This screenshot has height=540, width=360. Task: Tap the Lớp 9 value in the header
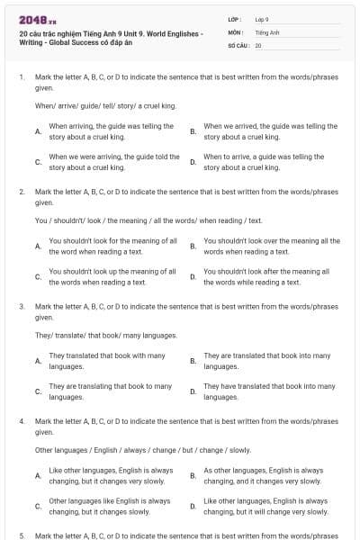tap(262, 19)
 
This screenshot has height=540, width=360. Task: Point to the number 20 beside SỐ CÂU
tap(258, 45)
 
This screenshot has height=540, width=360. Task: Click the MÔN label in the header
tap(235, 31)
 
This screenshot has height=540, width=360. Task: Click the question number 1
tap(21, 77)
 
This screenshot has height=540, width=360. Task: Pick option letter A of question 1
tap(38, 131)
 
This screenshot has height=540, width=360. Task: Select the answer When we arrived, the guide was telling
tap(270, 131)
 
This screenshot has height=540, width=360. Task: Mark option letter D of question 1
tap(193, 162)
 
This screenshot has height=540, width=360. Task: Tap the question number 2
tap(21, 192)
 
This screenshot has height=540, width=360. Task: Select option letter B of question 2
tap(193, 247)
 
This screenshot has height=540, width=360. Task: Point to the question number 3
tap(21, 306)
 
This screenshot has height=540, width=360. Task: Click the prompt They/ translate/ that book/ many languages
tap(106, 335)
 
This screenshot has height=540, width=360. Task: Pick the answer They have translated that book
tap(269, 391)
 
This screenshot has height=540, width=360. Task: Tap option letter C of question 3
tap(38, 391)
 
